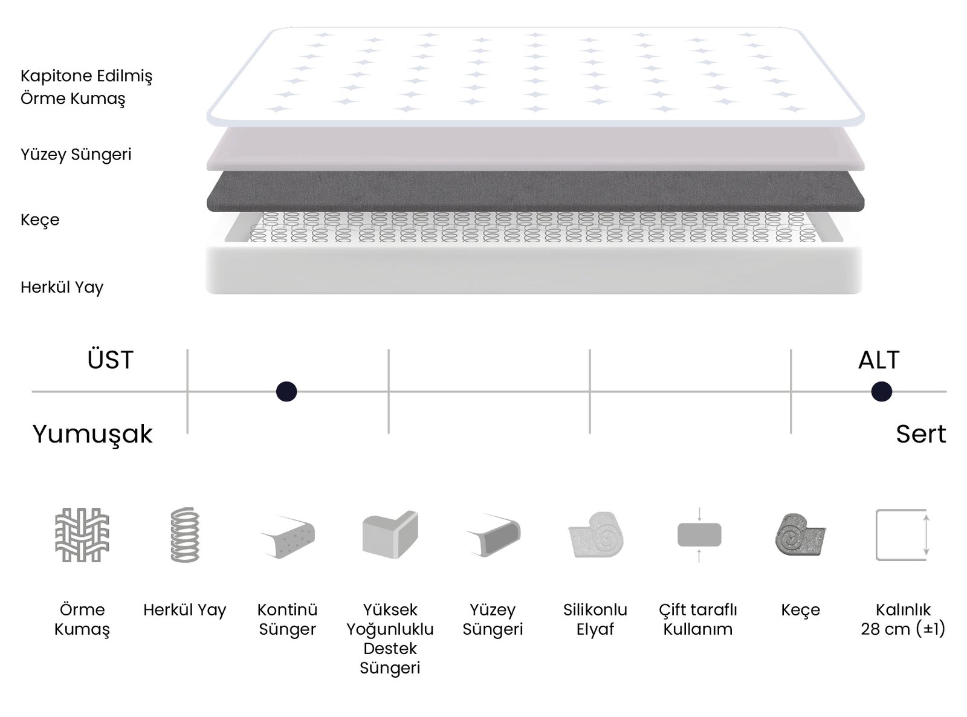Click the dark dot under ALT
pos(881,392)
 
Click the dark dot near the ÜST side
pos(286,392)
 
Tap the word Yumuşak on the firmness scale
pos(92,434)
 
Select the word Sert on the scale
pos(920,434)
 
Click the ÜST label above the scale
pos(110,360)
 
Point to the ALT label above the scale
pos(879,360)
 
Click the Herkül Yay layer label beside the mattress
pos(62,287)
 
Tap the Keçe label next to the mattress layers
pos(40,219)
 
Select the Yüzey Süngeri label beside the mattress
pos(76,155)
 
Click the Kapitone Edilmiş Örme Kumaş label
pos(86,87)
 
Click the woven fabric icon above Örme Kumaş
pos(82,535)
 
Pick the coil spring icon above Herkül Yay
pos(185,535)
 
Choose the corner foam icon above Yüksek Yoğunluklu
pos(390,535)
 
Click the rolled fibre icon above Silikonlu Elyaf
pos(595,535)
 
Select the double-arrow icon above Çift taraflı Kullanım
pos(699,535)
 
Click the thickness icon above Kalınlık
pos(902,535)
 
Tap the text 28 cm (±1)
pos(903,629)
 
